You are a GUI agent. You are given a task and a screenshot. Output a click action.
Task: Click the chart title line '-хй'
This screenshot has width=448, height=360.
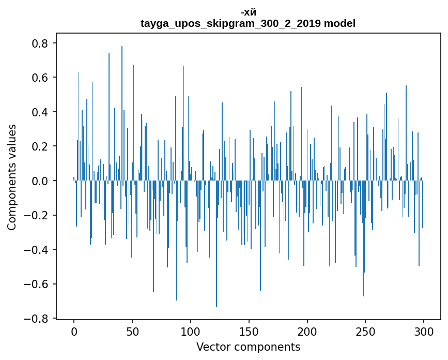coord(248,13)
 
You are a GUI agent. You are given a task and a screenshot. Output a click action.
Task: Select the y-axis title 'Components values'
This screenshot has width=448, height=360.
coord(12,177)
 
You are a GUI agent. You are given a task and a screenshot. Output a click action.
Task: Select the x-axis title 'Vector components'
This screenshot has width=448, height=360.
coord(248,347)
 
